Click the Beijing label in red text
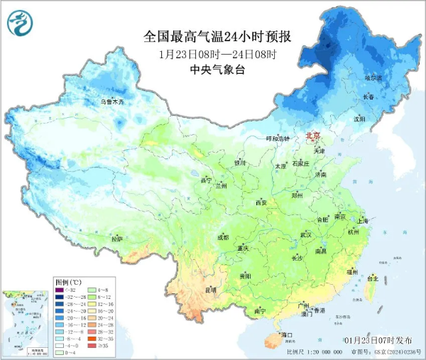point(313,136)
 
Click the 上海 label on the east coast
point(364,221)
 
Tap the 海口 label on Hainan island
point(287,334)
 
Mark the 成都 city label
point(223,236)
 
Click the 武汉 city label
point(306,234)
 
